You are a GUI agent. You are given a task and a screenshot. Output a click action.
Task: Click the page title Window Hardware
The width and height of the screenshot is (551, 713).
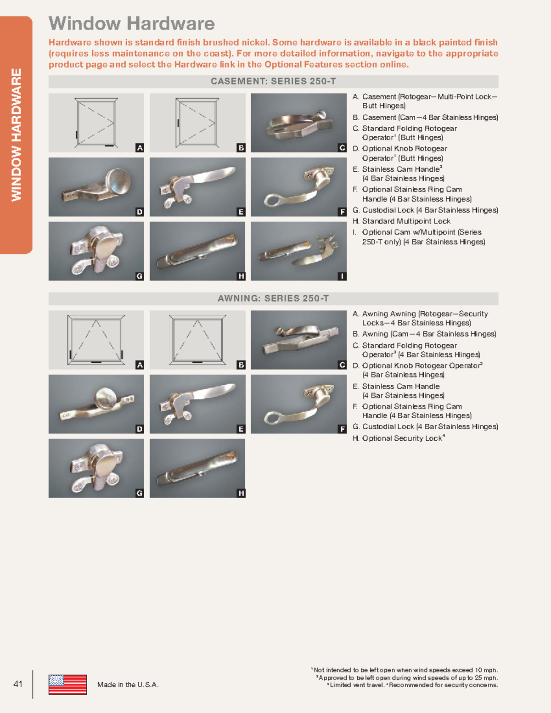pyautogui.click(x=132, y=24)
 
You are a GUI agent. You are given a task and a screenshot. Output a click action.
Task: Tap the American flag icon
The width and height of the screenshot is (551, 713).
pyautogui.click(x=67, y=684)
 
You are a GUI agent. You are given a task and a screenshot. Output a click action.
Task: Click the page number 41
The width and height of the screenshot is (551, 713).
pyautogui.click(x=18, y=684)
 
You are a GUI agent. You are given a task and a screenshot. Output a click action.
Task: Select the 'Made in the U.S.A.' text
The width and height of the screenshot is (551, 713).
pyautogui.click(x=128, y=685)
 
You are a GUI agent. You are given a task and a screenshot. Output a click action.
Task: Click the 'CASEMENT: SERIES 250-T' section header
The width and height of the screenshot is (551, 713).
pyautogui.click(x=273, y=81)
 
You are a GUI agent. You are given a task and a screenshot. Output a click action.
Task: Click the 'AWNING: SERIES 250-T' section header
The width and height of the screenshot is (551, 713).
pyautogui.click(x=273, y=298)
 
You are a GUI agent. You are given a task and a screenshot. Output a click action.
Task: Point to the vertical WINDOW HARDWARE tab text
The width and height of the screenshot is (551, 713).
pyautogui.click(x=17, y=135)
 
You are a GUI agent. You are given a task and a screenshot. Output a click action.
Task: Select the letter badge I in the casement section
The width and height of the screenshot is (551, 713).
pyautogui.click(x=342, y=276)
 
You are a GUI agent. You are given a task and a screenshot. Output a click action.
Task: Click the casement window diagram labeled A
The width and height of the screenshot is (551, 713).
pyautogui.click(x=96, y=123)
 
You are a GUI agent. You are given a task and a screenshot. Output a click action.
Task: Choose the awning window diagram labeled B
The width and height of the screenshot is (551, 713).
pyautogui.click(x=197, y=340)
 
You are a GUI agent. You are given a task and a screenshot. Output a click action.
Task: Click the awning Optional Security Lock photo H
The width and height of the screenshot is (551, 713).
pyautogui.click(x=197, y=468)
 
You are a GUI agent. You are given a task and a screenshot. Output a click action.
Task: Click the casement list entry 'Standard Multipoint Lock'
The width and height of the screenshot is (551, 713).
pyautogui.click(x=406, y=221)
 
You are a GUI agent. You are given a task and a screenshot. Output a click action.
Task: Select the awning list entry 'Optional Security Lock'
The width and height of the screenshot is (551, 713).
pyautogui.click(x=403, y=438)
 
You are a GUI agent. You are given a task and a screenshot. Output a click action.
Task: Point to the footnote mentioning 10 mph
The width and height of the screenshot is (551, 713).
pyautogui.click(x=405, y=670)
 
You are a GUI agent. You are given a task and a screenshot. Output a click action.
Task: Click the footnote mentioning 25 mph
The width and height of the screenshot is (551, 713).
pyautogui.click(x=407, y=678)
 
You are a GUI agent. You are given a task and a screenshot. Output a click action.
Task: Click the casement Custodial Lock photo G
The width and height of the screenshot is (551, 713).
pyautogui.click(x=96, y=251)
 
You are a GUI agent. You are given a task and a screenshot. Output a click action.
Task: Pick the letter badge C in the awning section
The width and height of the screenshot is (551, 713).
pyautogui.click(x=342, y=365)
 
